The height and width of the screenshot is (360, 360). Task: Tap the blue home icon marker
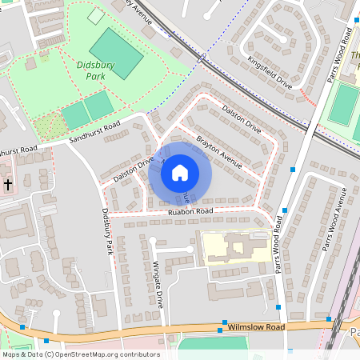coord(180,172)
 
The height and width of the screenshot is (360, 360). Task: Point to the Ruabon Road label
coord(190,211)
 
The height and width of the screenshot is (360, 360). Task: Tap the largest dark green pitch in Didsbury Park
coord(117,53)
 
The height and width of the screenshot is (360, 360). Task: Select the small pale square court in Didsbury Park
coord(96,16)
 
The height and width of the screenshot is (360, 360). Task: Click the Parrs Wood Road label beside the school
coord(281,251)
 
